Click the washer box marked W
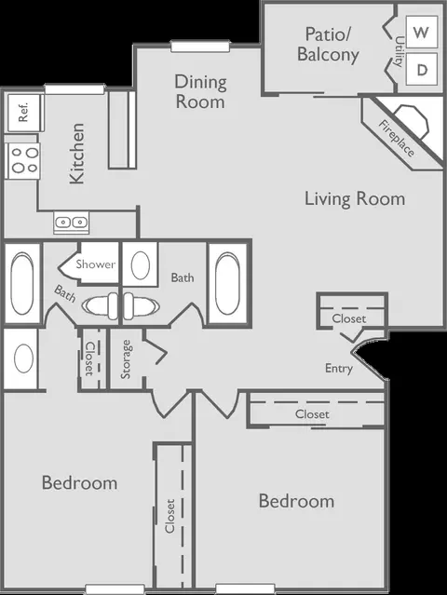click(422, 32)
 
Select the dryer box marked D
click(422, 69)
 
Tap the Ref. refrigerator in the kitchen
click(24, 113)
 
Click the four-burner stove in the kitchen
click(23, 161)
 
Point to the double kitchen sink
click(72, 222)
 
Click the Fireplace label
click(396, 138)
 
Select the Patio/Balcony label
click(328, 45)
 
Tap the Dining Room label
click(200, 92)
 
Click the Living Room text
click(355, 199)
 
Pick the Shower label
click(95, 264)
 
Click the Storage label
click(126, 359)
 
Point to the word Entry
click(339, 368)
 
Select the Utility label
click(399, 51)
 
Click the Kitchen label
click(77, 154)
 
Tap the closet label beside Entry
click(349, 318)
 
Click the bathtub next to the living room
click(227, 283)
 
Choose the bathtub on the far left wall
click(22, 283)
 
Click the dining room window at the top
click(200, 47)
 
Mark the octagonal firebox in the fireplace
click(411, 122)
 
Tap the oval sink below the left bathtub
click(23, 358)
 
